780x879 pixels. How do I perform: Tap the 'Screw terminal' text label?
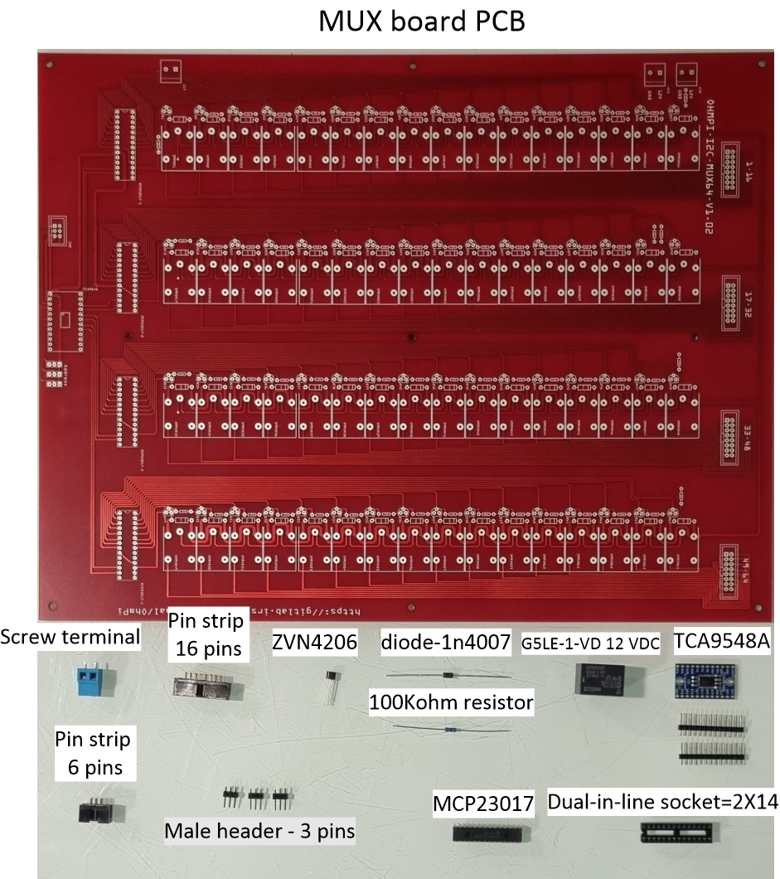coord(70,637)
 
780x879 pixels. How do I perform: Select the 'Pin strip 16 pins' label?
coord(206,634)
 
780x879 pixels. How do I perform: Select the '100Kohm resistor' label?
coord(451,703)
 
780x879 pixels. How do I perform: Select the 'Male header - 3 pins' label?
coord(259,830)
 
